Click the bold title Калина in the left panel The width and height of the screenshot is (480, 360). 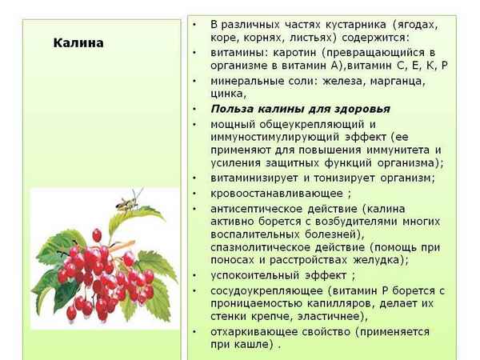coord(78,43)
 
